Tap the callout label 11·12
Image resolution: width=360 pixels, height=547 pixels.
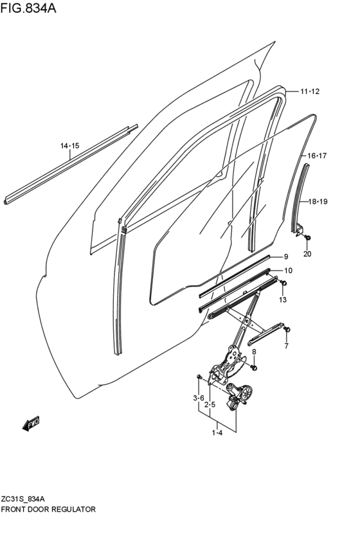pyautogui.click(x=309, y=92)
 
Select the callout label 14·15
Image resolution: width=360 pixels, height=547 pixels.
pyautogui.click(x=70, y=147)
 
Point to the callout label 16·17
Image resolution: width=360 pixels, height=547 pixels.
pyautogui.click(x=317, y=156)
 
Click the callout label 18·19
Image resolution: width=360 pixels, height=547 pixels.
pyautogui.click(x=318, y=202)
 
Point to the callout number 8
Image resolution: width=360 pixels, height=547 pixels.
pyautogui.click(x=254, y=352)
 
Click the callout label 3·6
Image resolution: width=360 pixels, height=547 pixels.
pyautogui.click(x=199, y=399)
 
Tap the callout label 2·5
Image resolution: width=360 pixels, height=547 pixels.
pyautogui.click(x=210, y=405)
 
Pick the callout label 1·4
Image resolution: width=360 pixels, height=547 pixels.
pyautogui.click(x=217, y=433)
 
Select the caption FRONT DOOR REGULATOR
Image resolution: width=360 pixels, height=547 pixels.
pyautogui.click(x=49, y=509)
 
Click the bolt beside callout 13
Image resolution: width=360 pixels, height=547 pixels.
pyautogui.click(x=284, y=283)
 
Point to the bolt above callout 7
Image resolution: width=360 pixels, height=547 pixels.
pyautogui.click(x=287, y=330)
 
